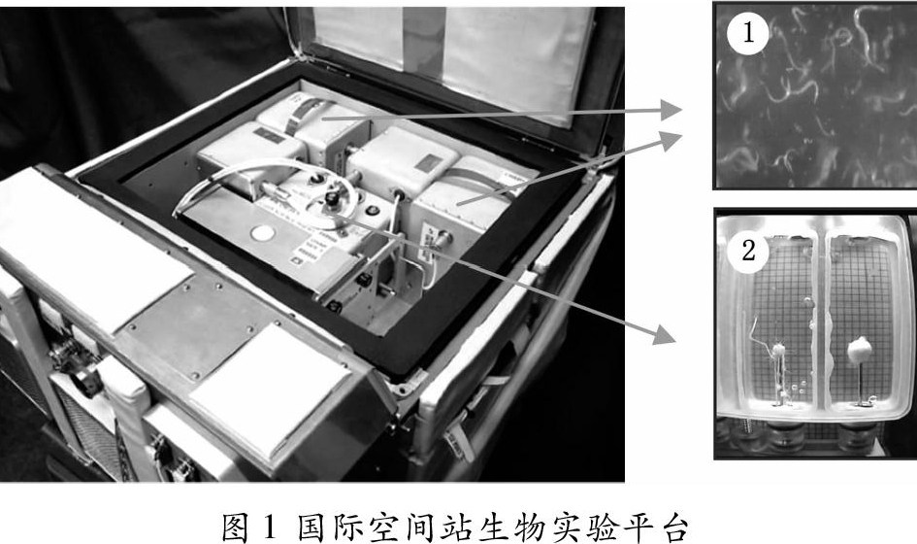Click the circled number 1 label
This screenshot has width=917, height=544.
pos(748,33)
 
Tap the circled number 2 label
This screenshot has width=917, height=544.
pos(748,252)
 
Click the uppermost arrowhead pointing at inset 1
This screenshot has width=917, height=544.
pos(671,110)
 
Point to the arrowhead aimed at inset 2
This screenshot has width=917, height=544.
pos(665,334)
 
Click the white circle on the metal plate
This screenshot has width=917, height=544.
pos(263,234)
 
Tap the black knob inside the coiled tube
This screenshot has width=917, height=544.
pos(332,200)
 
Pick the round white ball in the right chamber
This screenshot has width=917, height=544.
pos(859,349)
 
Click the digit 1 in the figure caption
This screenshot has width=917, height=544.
pos(269,526)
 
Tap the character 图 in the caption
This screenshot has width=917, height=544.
pos(236,527)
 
